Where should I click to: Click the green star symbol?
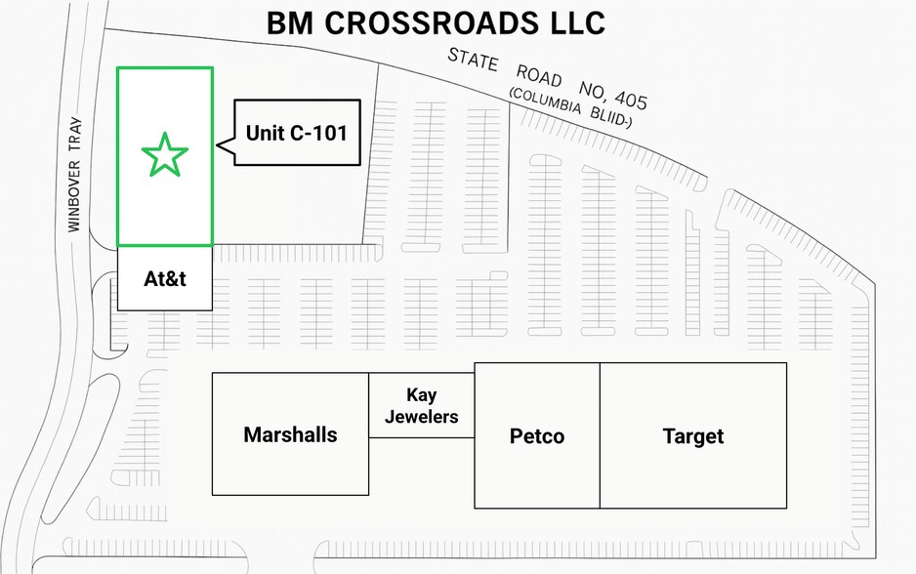[x=164, y=155]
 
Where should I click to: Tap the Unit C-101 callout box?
[x=296, y=132]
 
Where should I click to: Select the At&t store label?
[x=164, y=279]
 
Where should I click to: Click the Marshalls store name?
[x=290, y=434]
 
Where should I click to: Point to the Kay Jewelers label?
[x=421, y=406]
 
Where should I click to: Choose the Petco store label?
[x=536, y=435]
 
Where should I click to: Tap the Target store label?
[x=692, y=435]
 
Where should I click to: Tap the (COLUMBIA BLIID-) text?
[x=570, y=108]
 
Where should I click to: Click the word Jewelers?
[x=421, y=417]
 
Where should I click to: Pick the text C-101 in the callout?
[x=318, y=132]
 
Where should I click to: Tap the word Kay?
[x=421, y=395]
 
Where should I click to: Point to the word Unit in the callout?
[x=265, y=132]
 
